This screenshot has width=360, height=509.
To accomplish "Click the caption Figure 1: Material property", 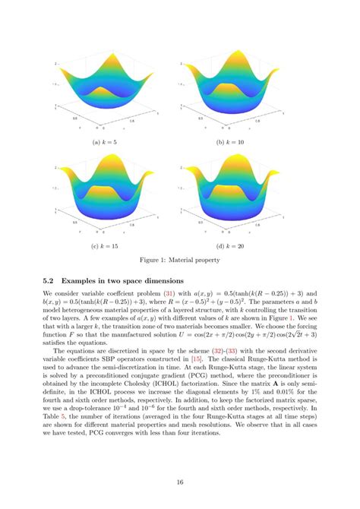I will pos(179,261).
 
